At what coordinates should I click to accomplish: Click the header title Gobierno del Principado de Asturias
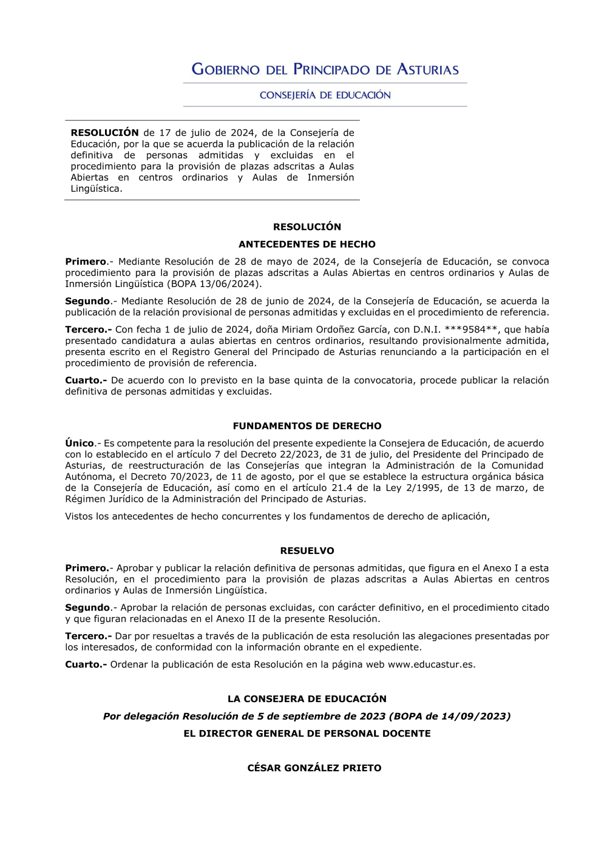[325, 69]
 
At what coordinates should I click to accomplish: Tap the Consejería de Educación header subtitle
[325, 95]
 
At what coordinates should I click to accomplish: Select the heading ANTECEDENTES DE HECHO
[307, 244]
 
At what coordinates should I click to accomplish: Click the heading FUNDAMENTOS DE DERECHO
[307, 426]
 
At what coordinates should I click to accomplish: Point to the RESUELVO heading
[307, 551]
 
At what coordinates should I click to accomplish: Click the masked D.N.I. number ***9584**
[472, 329]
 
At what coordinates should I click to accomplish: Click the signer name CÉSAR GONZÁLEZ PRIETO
[314, 768]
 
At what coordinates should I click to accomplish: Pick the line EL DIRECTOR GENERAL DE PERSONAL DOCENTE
[307, 734]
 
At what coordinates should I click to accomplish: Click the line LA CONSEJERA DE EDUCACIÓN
[307, 699]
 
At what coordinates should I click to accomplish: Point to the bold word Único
[80, 444]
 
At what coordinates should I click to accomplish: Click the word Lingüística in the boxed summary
[96, 189]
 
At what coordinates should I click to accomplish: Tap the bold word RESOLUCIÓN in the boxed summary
[104, 133]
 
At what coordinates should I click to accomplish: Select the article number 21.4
[341, 488]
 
